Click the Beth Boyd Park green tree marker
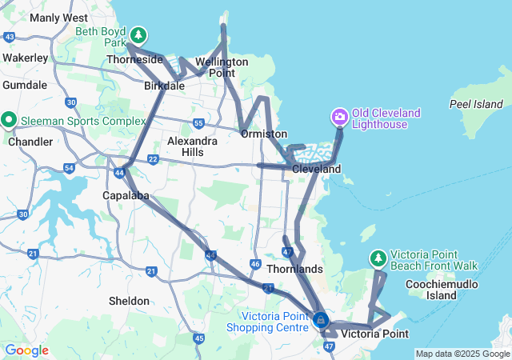click(139, 35)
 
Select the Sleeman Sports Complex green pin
click(10, 120)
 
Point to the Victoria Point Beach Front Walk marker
click(378, 258)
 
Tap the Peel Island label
click(476, 104)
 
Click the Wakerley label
click(26, 58)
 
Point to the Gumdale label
click(25, 84)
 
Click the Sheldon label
click(129, 301)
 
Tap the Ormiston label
click(263, 134)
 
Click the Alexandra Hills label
click(192, 146)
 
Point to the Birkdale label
click(165, 86)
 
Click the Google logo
click(26, 350)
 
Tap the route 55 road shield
click(198, 122)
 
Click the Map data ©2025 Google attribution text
click(462, 354)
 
